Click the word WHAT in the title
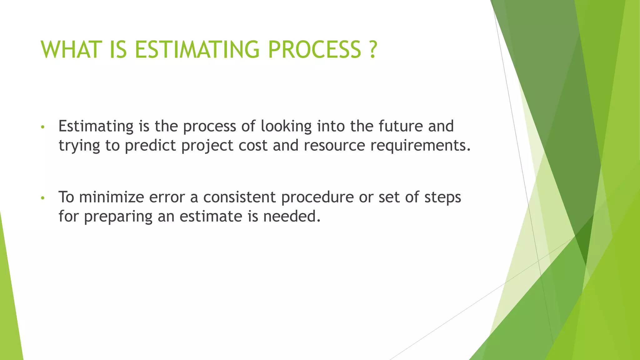pos(72,50)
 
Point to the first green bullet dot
pos(43,127)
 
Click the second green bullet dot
pos(43,198)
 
